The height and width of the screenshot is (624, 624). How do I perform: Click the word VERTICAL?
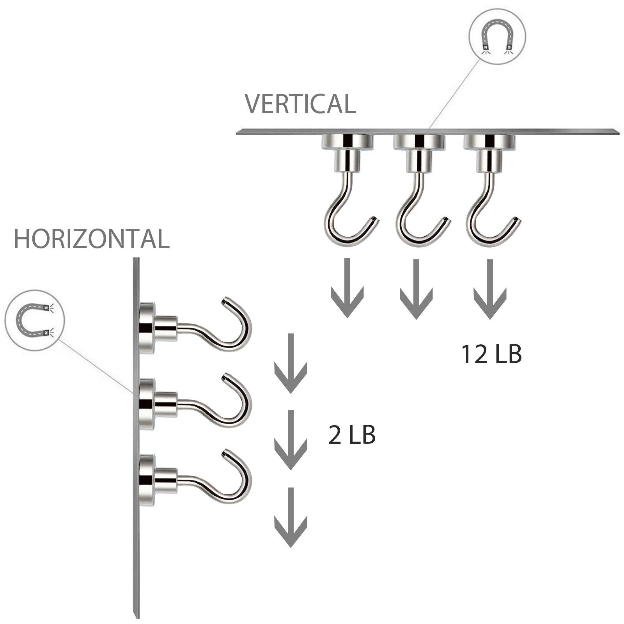coord(300,103)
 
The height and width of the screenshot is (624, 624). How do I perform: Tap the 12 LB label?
coord(492,354)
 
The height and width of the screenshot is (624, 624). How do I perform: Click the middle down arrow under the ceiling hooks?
coord(416,289)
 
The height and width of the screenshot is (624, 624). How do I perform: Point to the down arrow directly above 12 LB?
coord(490,289)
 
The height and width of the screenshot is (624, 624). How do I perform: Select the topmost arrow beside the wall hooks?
coord(291,363)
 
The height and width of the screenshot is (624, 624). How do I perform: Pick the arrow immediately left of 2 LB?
coord(291,440)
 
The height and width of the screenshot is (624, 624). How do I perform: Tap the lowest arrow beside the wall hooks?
coord(291,517)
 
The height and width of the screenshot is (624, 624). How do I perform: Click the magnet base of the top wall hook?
coord(147,328)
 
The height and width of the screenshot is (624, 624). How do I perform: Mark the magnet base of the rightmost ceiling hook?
coord(490,141)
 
